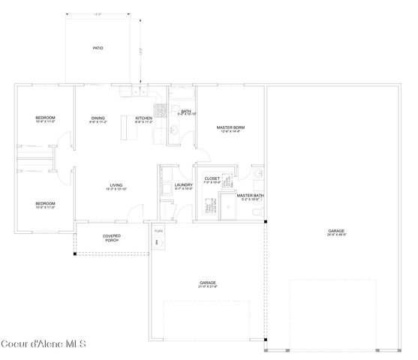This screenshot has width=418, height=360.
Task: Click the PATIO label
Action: coord(98,48)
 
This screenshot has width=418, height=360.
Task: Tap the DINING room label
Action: coord(98,118)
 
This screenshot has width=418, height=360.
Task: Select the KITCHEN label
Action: coord(143,118)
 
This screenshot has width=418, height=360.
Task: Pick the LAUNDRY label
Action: coord(183,185)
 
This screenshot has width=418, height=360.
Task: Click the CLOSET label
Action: coord(212,178)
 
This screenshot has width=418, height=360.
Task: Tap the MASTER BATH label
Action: coord(250,196)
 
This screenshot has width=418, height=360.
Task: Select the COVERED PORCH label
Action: coord(111,238)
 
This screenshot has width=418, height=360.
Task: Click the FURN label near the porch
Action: coord(158,231)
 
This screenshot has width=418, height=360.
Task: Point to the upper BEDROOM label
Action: coord(46,118)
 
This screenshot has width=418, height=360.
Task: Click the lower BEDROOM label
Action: coord(46,204)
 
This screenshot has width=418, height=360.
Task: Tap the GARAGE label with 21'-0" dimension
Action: coord(207,283)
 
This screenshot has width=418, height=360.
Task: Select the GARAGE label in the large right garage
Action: coord(336,231)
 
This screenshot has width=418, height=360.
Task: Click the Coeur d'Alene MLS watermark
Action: coord(44,345)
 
